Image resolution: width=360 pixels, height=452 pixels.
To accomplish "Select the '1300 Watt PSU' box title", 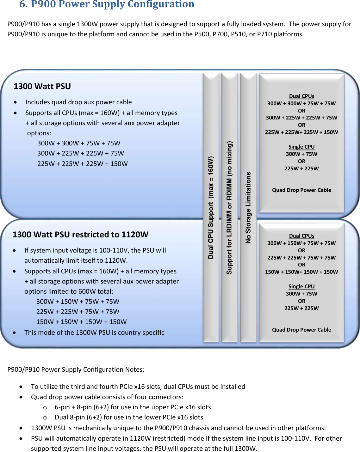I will pos(42,86).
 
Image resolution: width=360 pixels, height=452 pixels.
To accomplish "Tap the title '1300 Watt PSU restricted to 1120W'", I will pos(80,235).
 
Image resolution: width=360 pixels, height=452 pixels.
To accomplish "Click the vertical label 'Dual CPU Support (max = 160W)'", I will pos(211,207).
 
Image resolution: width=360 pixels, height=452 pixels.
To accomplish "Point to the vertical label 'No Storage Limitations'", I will pos(248,207).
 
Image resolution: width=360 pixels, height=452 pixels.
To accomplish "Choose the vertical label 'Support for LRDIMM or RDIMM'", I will pos(229,207).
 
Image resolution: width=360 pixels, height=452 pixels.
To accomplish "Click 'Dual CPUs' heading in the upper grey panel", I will pos(301,96).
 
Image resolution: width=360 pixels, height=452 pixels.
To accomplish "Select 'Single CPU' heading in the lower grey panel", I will pos(301,286).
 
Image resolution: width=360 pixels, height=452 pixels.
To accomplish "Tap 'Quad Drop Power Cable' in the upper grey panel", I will pos(301,190).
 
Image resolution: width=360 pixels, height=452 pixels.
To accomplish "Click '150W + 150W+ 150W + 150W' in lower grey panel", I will pos(301,272).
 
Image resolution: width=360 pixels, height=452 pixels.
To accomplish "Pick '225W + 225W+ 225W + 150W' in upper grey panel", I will pos(301,132).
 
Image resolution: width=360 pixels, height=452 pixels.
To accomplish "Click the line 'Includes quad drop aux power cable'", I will pos(78,102).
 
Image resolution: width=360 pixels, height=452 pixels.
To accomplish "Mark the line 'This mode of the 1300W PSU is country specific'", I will pos(94,333).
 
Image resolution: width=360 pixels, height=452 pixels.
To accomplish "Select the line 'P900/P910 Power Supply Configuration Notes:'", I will pos(76,370).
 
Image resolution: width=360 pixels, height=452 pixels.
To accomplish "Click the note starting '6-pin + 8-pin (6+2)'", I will pos(133,407).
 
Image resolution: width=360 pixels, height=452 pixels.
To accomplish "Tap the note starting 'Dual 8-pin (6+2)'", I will pos(129,417).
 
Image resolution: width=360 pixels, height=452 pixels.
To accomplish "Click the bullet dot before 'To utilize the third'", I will pos(21,387).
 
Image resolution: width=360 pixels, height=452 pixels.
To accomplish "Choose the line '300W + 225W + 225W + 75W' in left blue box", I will pos(81,153).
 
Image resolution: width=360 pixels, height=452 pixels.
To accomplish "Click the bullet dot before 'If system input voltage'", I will pos(15,251).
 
